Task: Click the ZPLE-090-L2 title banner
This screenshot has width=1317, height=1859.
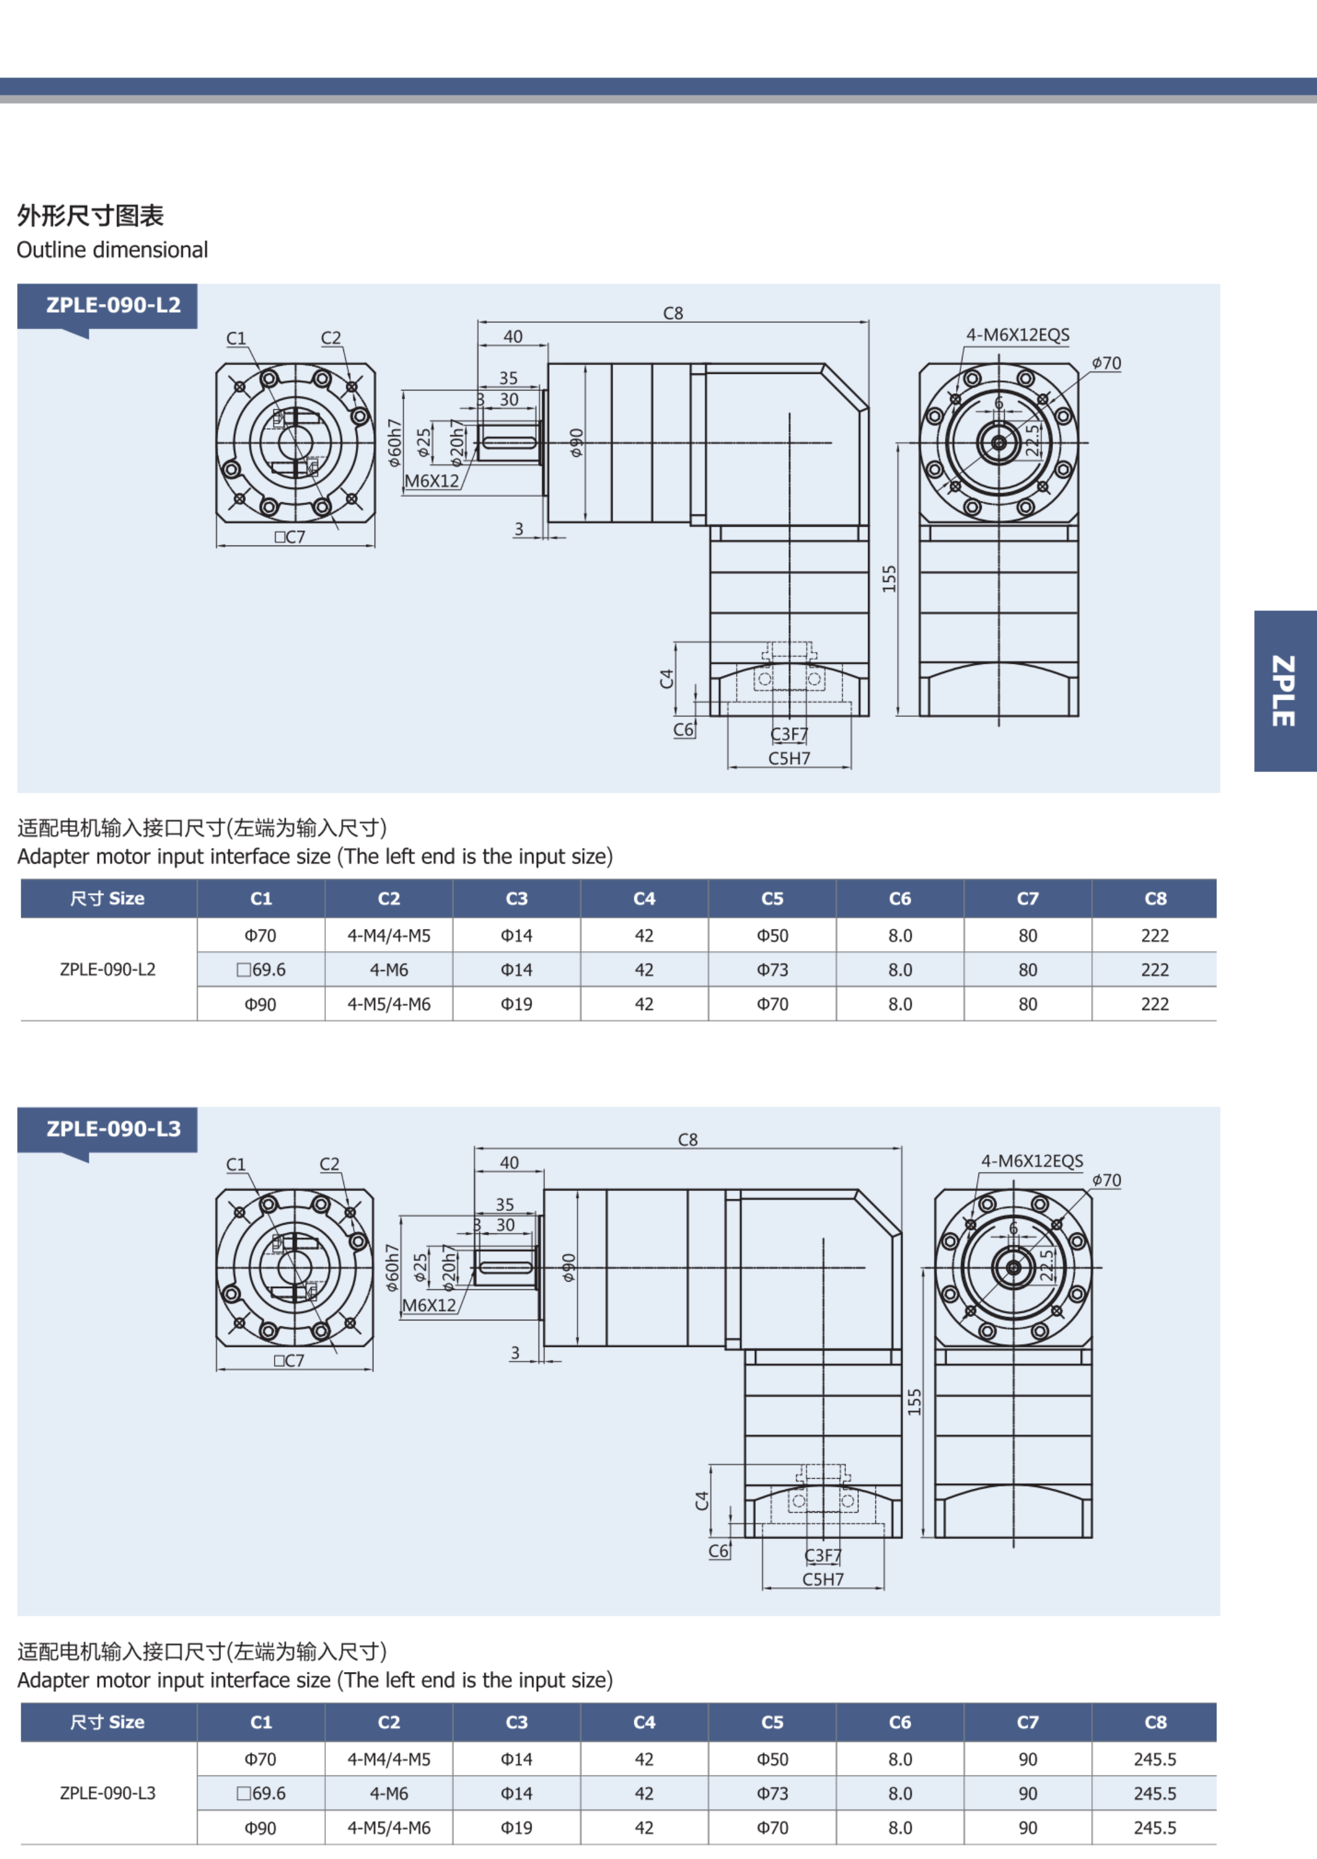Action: (107, 306)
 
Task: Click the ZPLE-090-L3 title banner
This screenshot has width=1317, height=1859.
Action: (107, 1129)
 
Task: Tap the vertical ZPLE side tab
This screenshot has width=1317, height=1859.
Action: (1285, 691)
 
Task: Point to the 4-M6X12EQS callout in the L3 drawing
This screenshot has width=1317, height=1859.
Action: (1031, 1161)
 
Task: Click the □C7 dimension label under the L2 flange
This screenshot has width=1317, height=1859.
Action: (289, 537)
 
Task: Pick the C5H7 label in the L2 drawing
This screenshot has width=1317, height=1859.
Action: (789, 758)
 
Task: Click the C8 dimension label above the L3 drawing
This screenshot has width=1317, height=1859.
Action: (688, 1139)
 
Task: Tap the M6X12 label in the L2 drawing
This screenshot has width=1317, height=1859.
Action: (432, 481)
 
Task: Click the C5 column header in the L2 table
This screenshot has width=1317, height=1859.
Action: (772, 898)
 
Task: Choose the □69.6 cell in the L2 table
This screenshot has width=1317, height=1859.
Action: (261, 969)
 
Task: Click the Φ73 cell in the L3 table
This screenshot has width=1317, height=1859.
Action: (772, 1793)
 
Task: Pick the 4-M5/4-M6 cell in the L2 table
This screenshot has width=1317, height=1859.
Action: (389, 1004)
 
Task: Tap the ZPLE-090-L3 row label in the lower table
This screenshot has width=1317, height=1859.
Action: (108, 1793)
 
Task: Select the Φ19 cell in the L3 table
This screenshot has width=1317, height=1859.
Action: (517, 1827)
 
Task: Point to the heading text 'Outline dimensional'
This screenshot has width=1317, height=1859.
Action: (112, 250)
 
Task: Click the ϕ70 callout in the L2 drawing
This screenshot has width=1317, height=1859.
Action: (1106, 363)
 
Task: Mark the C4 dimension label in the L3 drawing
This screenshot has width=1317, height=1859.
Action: (702, 1500)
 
